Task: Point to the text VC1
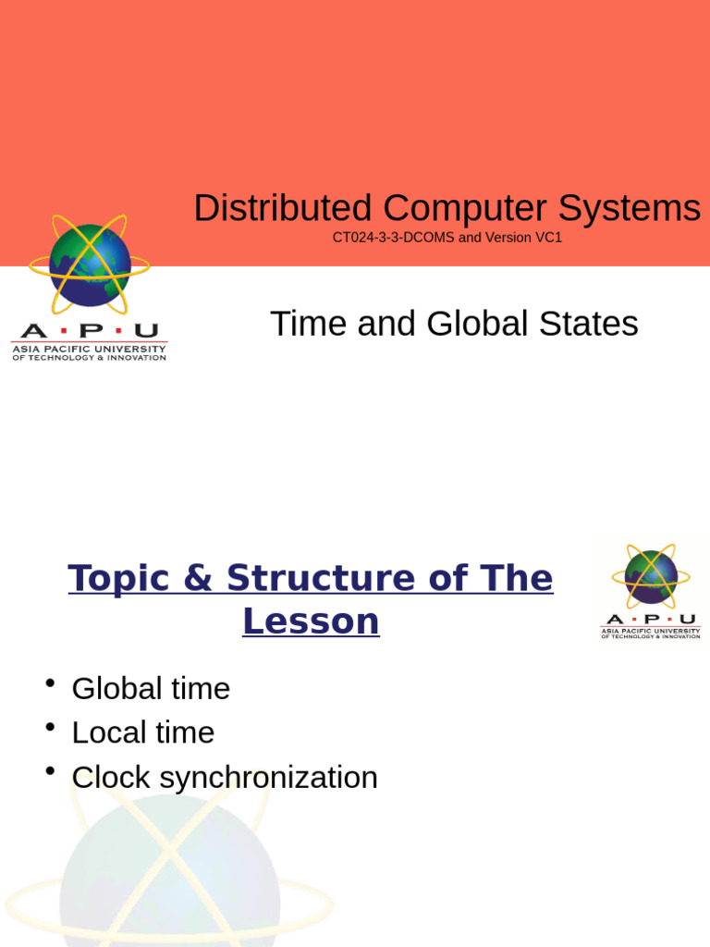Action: [547, 238]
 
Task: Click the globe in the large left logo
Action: [90, 264]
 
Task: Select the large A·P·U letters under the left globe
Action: [89, 331]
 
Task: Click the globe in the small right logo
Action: [651, 576]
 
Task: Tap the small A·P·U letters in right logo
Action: [651, 619]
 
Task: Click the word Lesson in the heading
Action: [311, 621]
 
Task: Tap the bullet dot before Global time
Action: [49, 683]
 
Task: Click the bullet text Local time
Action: [143, 732]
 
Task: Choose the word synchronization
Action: [269, 777]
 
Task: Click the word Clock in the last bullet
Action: [112, 777]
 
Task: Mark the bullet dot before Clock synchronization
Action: [49, 772]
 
